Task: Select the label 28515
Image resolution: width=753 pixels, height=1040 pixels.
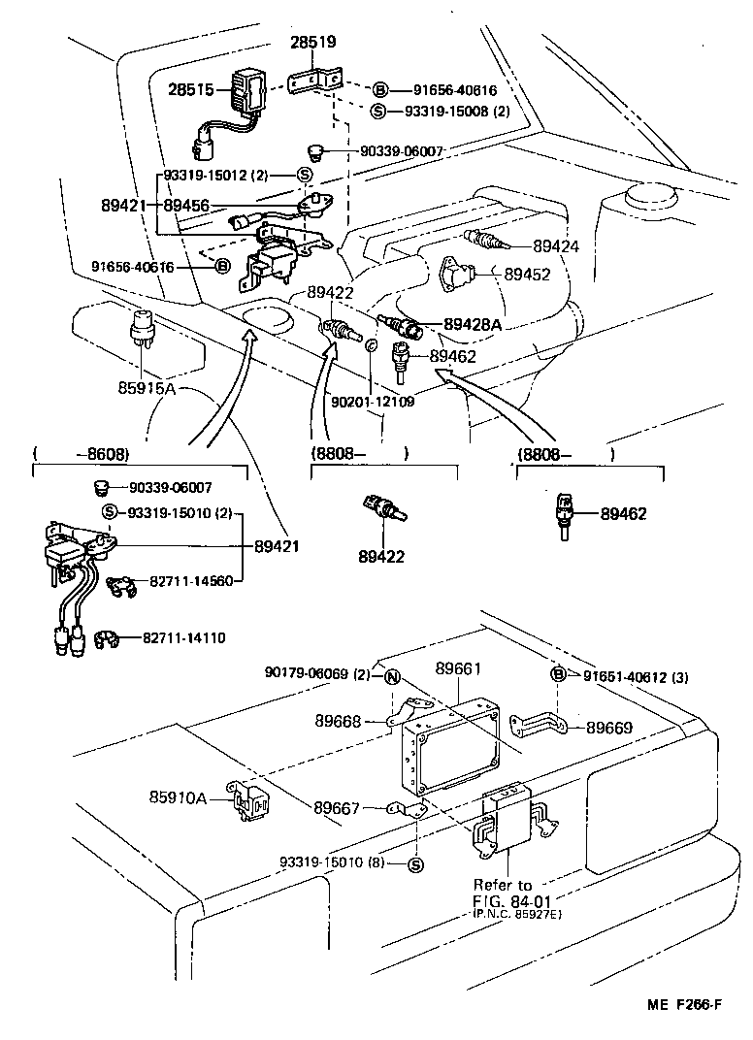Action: click(x=193, y=89)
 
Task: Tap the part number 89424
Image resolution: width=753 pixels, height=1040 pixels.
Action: click(x=556, y=246)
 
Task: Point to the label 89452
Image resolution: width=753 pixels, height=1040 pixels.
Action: click(x=527, y=275)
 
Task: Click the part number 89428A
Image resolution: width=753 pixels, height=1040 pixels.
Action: click(x=473, y=324)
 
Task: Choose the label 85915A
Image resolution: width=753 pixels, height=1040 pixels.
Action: click(x=148, y=388)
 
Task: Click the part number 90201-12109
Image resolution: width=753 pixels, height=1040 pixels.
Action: click(x=373, y=401)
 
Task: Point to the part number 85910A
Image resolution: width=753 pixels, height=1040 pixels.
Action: click(x=179, y=797)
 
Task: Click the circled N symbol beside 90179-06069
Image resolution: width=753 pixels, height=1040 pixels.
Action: click(x=391, y=676)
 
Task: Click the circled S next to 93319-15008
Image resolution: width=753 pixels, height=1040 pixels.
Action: click(x=379, y=111)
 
